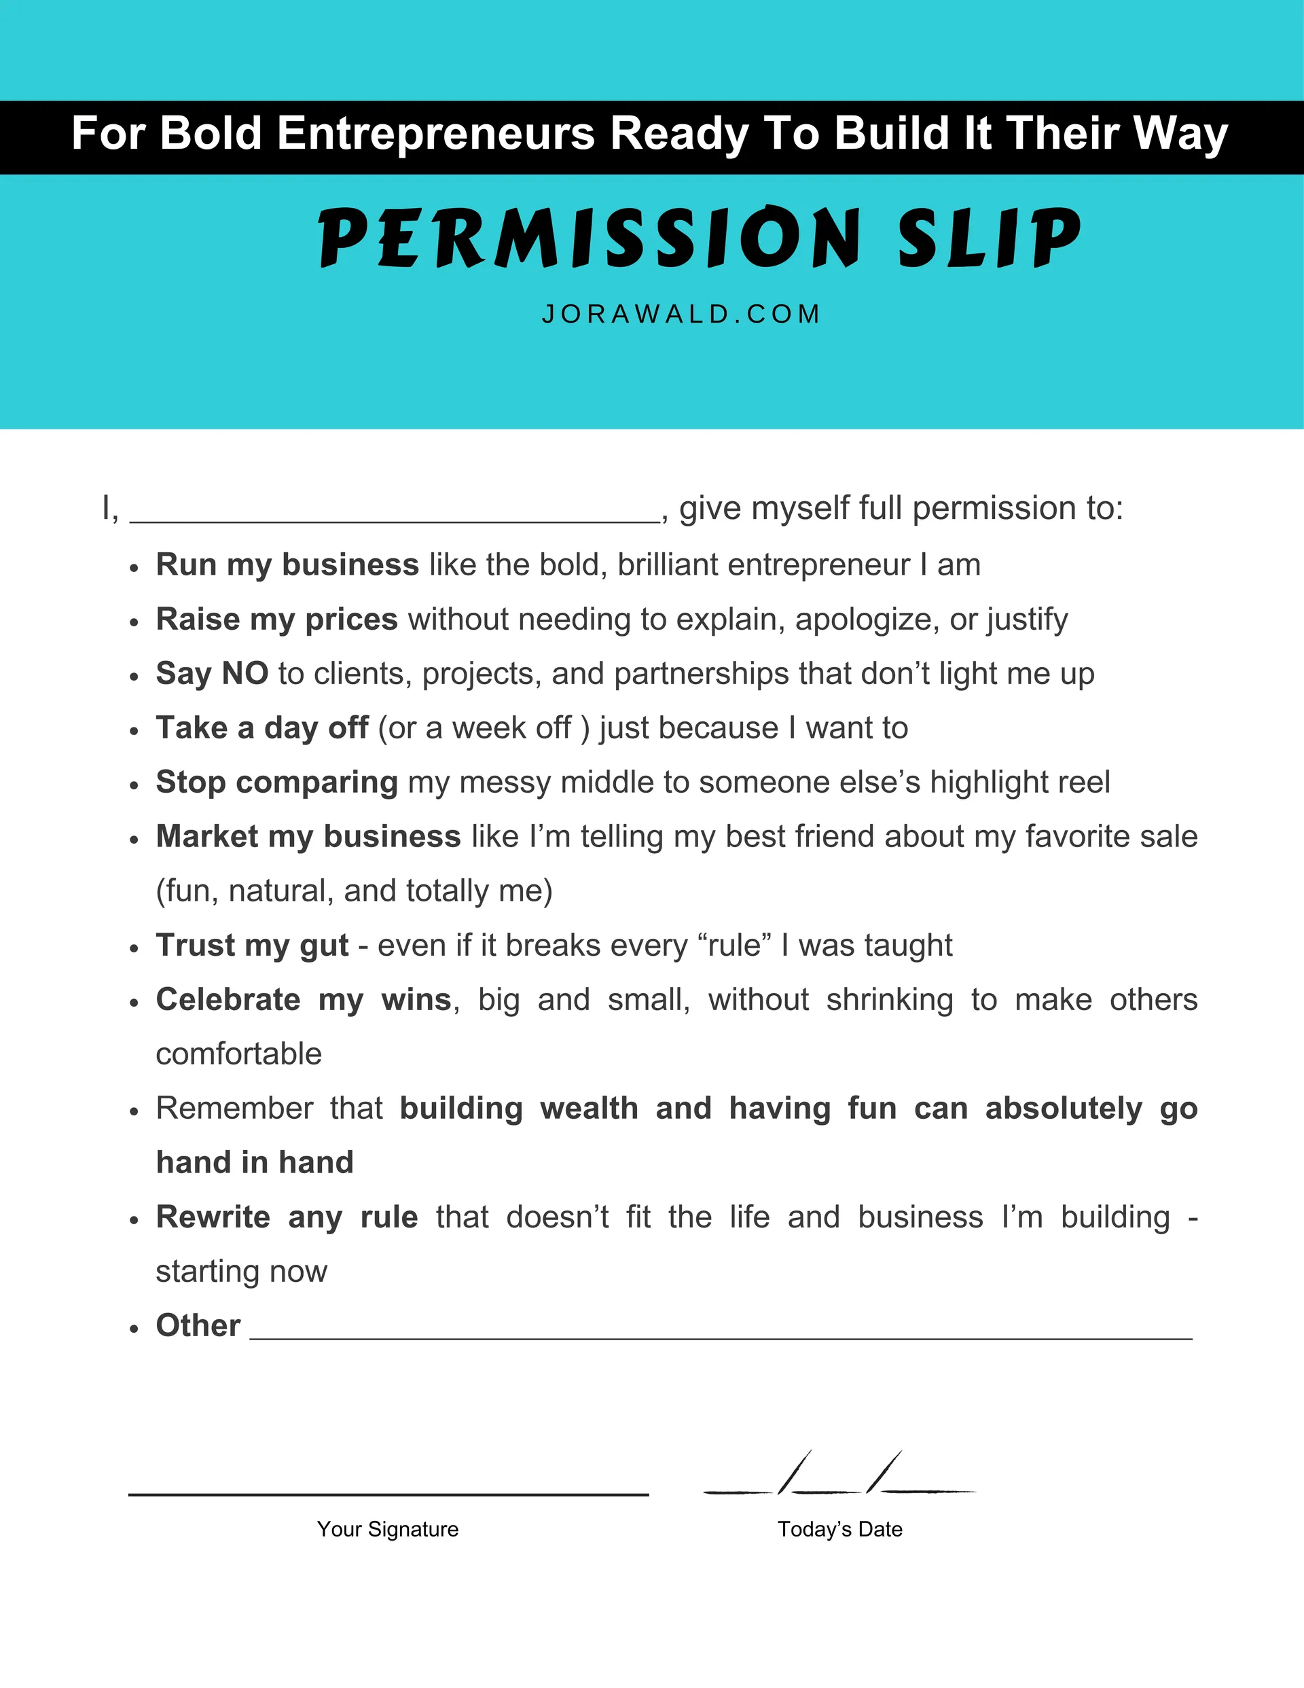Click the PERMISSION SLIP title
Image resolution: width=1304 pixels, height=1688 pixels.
[699, 237]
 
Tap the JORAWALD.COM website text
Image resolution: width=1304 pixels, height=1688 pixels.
[681, 315]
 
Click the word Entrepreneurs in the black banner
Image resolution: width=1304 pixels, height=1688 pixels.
[436, 134]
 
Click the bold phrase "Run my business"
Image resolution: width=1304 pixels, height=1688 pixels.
[287, 565]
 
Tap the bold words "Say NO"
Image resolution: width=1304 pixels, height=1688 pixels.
[212, 674]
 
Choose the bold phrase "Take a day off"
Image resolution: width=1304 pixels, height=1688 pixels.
[262, 728]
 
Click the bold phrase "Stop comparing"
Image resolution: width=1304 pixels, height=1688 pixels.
[276, 782]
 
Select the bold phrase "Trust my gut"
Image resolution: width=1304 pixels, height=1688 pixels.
[252, 946]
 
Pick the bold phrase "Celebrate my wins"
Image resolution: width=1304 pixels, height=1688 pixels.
[303, 1000]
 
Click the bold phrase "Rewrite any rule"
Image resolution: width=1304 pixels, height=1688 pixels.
[287, 1217]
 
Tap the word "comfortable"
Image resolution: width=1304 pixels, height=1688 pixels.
[239, 1054]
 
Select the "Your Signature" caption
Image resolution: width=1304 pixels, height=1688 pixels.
[388, 1529]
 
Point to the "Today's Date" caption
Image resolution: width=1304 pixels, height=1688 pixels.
[840, 1529]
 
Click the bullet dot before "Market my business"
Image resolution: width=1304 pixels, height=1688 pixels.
[134, 839]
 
